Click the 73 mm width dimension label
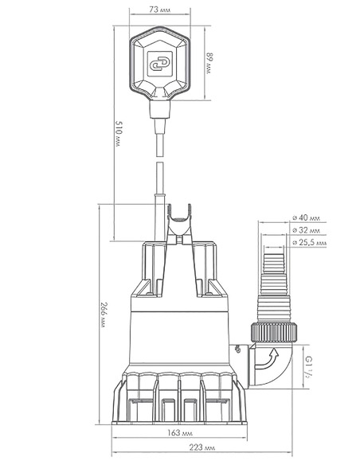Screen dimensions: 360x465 click(160, 10)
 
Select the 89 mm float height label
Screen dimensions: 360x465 click(209, 63)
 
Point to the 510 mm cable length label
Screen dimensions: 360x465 click(119, 134)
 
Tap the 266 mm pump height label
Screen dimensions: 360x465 click(104, 315)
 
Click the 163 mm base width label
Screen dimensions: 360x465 click(180, 433)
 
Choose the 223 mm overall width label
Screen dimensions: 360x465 click(202, 447)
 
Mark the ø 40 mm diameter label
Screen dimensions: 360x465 click(307, 217)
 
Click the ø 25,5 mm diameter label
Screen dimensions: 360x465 click(309, 243)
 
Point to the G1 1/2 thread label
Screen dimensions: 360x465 click(308, 366)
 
